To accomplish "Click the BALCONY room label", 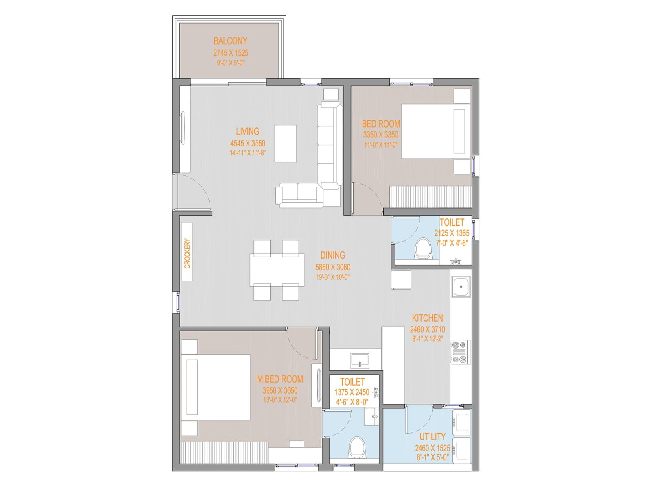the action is [230, 41].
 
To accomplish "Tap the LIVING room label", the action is [247, 131].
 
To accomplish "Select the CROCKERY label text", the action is [187, 253].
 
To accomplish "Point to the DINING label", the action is [332, 255].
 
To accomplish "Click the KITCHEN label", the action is [427, 318].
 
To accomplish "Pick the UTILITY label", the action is [432, 436].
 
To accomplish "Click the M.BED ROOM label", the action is [280, 379].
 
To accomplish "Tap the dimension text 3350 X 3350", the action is [380, 135].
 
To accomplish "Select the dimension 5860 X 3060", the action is [332, 267].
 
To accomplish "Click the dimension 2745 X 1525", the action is [231, 53].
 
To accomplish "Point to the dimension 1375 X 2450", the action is [352, 392].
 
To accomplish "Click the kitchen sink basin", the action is [461, 287].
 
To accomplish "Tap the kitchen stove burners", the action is [459, 352].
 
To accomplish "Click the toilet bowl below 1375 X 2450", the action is [357, 447].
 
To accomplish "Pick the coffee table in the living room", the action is [285, 144].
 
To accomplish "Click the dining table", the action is [277, 270].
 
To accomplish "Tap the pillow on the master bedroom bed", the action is [192, 387].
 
